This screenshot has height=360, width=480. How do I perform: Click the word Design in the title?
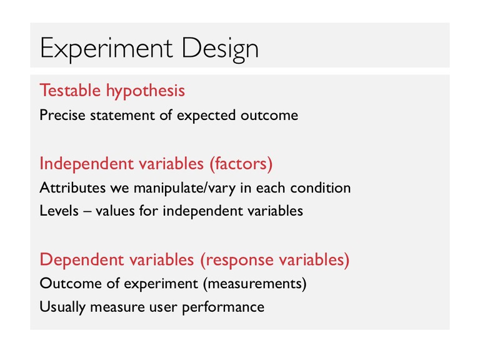tap(221, 49)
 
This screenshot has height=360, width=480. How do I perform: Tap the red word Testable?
tap(71, 90)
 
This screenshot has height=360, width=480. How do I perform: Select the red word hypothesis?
tap(146, 91)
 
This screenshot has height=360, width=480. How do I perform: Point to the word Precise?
tap(62, 115)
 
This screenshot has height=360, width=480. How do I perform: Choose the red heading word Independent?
tap(87, 164)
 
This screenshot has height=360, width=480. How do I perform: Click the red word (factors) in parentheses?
tap(241, 164)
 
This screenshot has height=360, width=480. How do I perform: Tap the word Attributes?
tap(72, 187)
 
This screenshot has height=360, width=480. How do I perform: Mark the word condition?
tap(321, 187)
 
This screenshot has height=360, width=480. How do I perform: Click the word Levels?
tap(59, 211)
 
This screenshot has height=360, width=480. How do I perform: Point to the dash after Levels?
tap(87, 212)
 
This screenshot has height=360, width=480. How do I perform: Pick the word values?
tap(115, 211)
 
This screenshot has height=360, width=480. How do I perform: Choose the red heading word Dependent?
tap(82, 260)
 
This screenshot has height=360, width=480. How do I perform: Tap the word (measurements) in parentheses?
tap(255, 284)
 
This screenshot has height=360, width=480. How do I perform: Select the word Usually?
tap(62, 307)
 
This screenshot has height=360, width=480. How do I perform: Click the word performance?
tap(223, 307)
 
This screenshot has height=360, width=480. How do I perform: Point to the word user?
tap(164, 307)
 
